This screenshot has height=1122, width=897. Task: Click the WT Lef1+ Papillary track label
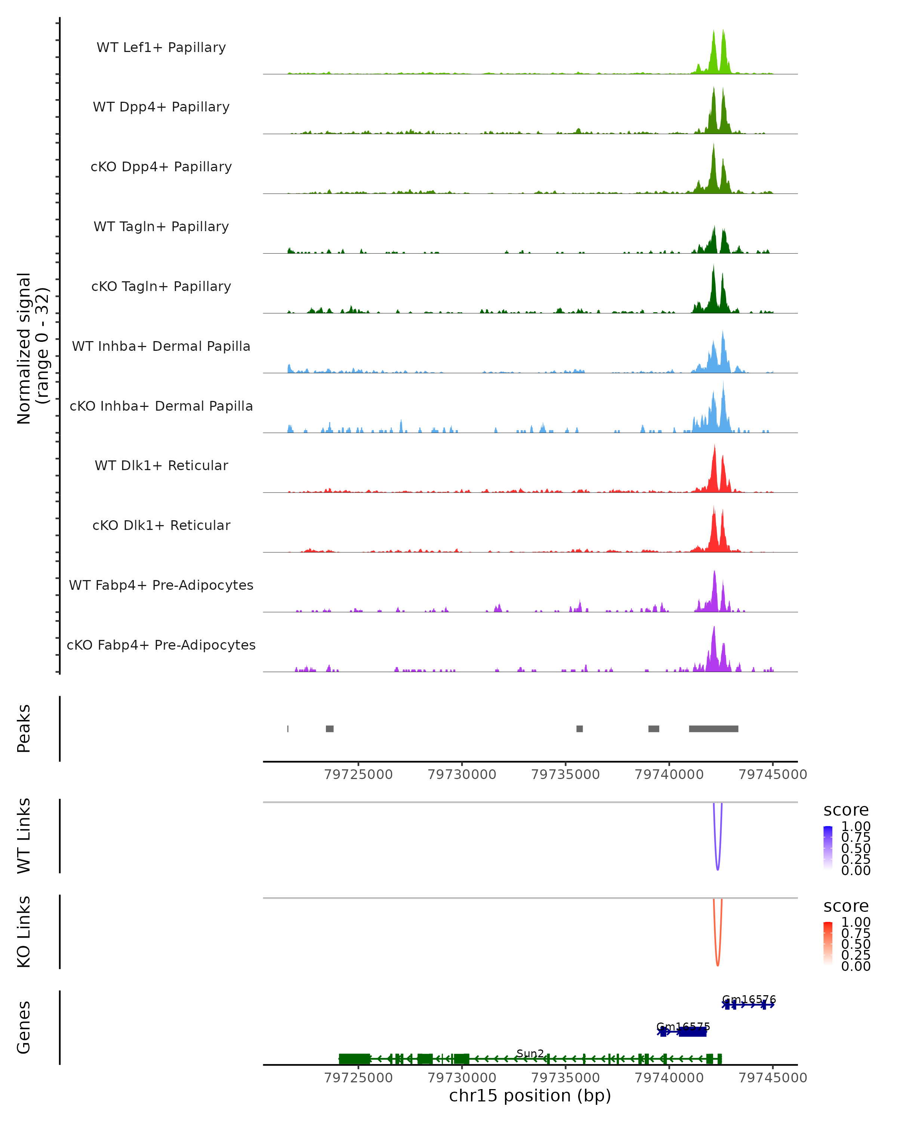point(161,47)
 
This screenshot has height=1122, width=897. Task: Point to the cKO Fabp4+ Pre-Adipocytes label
point(161,645)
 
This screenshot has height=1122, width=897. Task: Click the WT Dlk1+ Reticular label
point(161,465)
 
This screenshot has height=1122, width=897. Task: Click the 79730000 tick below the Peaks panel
point(462,775)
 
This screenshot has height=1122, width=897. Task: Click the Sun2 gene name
point(530,1053)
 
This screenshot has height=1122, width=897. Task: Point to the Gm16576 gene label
point(749,1000)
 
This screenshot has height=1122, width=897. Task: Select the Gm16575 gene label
point(683,1027)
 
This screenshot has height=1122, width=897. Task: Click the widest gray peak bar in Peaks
point(713,729)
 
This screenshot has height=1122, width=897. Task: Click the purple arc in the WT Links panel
point(718,868)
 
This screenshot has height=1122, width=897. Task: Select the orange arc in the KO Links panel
point(718,964)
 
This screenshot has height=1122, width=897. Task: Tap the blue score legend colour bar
point(828,848)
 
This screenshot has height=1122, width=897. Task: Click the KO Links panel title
point(24,932)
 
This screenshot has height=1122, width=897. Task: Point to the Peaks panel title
point(24,729)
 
